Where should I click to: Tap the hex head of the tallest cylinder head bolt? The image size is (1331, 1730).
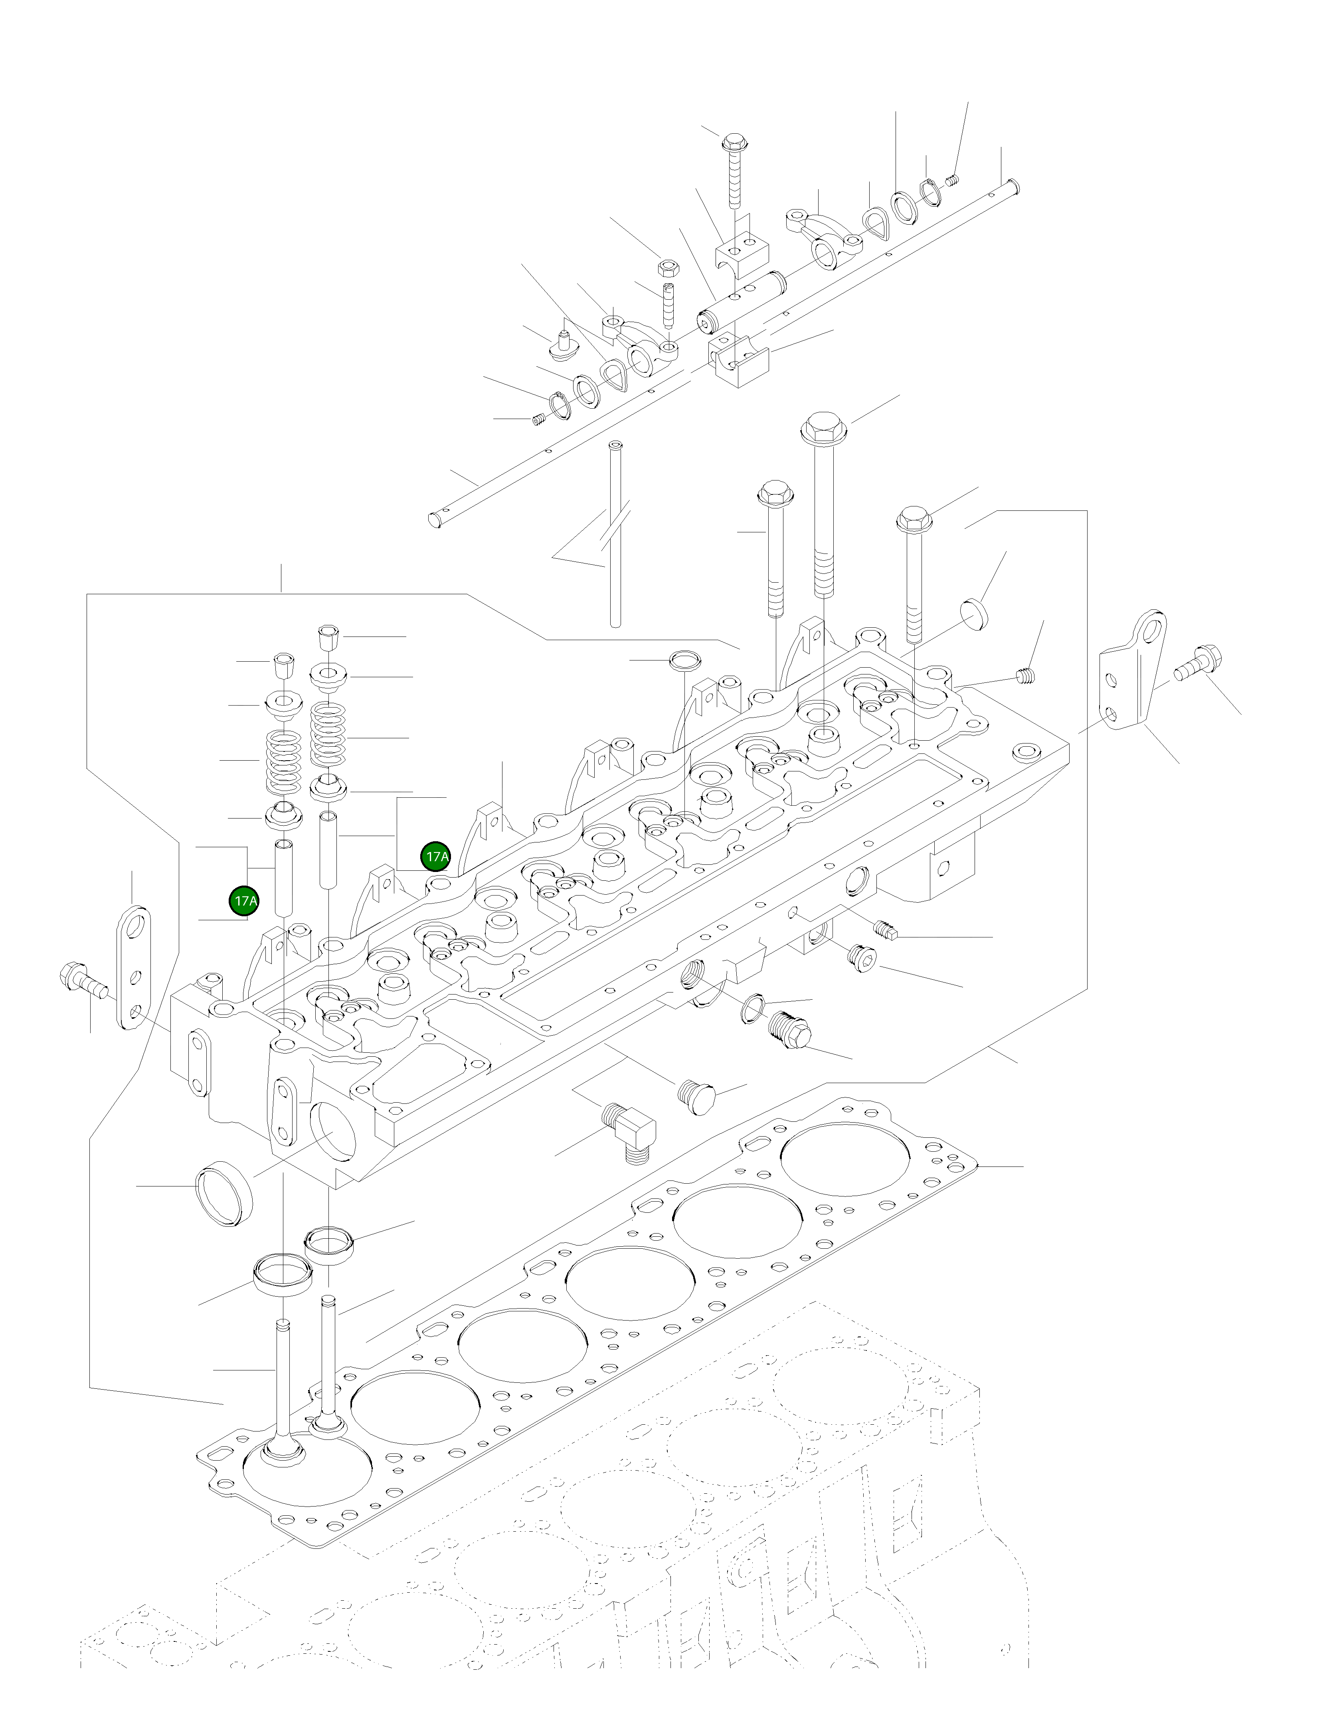(824, 429)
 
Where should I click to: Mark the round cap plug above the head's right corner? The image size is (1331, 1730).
(975, 613)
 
